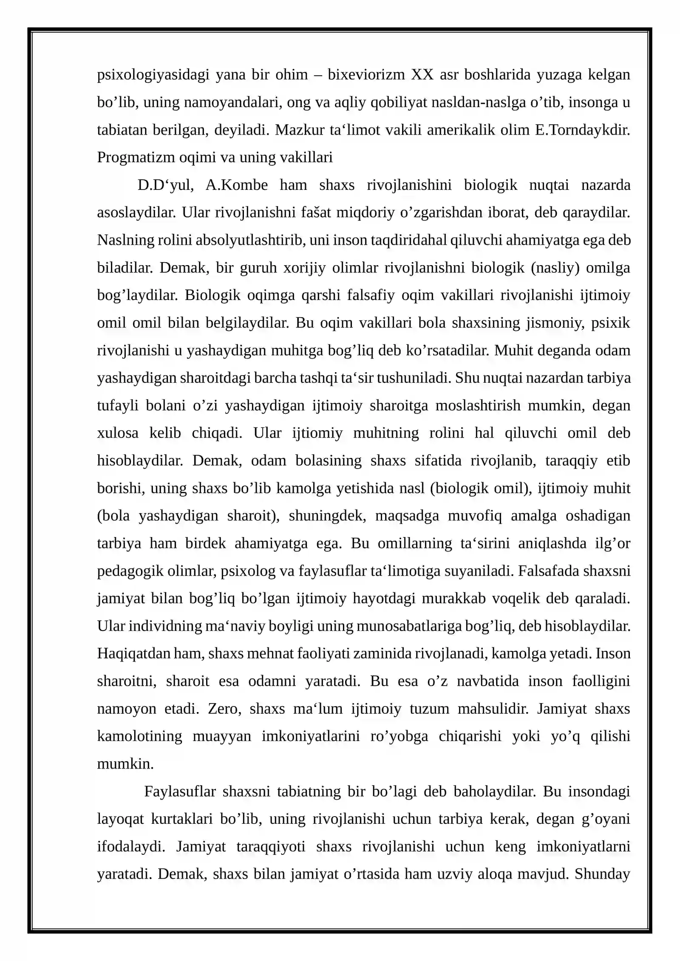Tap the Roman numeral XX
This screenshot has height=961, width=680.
422,75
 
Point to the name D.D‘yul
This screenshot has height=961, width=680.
166,185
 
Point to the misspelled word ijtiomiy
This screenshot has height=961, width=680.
317,433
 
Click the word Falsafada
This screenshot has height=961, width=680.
548,571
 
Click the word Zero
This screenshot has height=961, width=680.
224,709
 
